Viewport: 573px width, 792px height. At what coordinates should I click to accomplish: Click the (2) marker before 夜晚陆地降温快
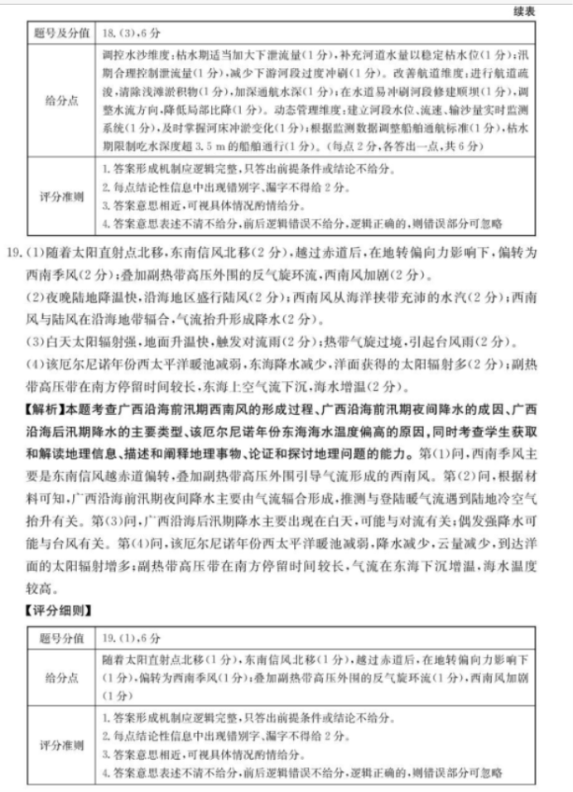[36, 297]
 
